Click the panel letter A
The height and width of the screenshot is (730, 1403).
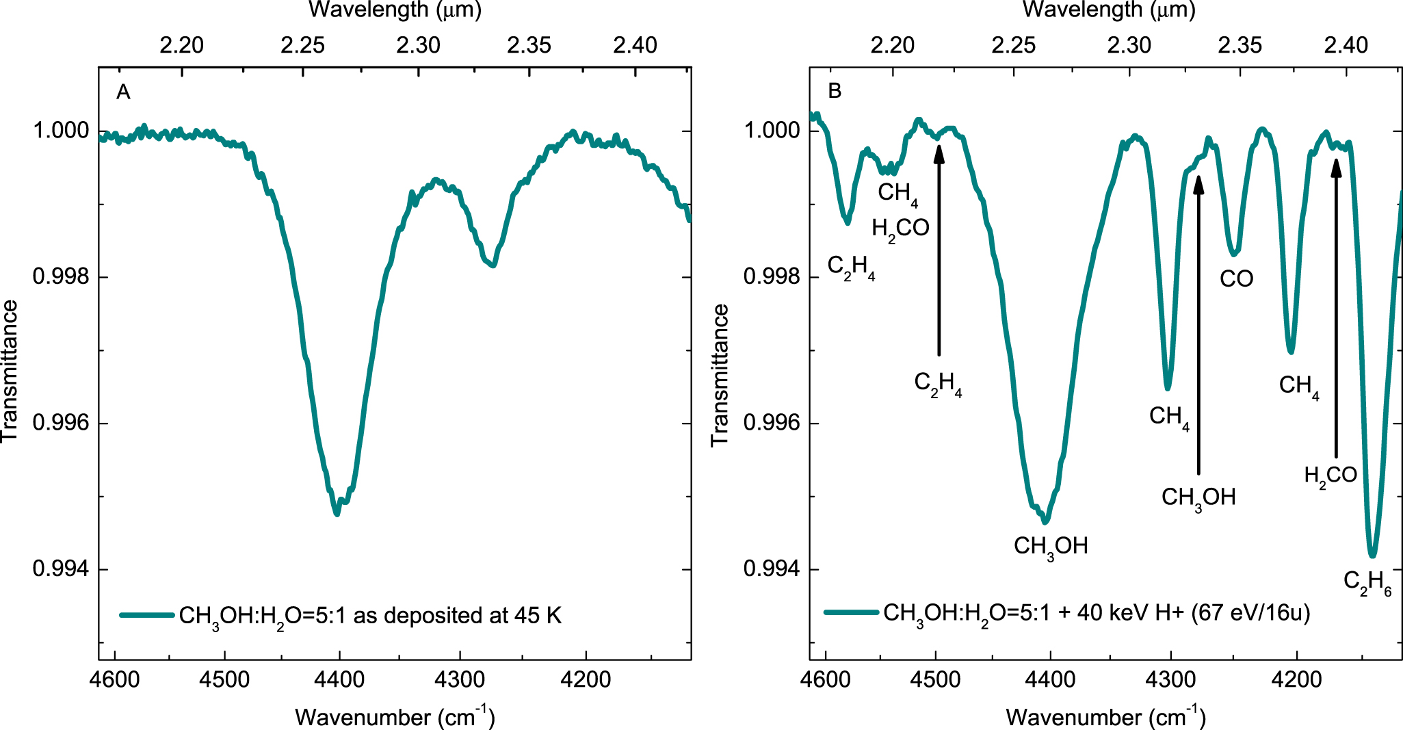click(x=123, y=92)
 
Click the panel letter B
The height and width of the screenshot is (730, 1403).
click(x=834, y=91)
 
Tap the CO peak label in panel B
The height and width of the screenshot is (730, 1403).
click(x=1236, y=278)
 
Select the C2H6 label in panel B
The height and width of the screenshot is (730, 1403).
click(x=1367, y=583)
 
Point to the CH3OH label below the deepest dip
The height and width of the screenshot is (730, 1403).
click(x=1050, y=547)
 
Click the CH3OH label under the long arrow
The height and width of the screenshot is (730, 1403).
click(x=1198, y=497)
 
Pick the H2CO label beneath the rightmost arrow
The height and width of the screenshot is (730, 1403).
click(x=1330, y=475)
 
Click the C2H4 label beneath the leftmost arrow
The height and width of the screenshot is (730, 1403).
click(x=937, y=384)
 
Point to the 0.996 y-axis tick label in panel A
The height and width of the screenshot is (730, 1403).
click(x=61, y=423)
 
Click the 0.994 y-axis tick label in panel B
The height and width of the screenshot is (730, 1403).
click(x=772, y=569)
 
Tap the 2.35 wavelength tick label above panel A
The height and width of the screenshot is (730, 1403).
click(x=529, y=45)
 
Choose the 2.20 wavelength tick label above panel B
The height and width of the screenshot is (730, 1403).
click(x=892, y=45)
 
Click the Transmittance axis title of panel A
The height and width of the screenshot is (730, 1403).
click(x=10, y=371)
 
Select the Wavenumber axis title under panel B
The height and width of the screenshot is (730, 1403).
click(x=1105, y=716)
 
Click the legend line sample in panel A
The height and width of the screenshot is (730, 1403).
click(x=146, y=615)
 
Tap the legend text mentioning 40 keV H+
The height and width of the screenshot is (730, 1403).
click(x=1096, y=613)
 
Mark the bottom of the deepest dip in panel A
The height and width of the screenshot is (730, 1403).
click(x=337, y=513)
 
